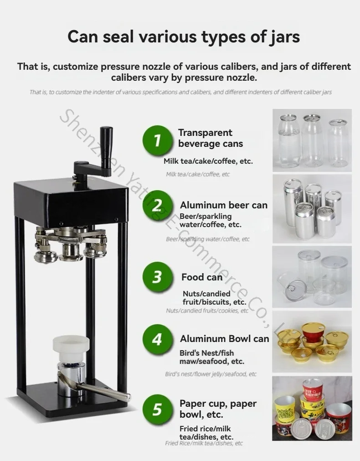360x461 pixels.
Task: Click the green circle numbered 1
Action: tap(158, 140)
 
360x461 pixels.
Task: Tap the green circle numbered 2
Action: tap(158, 205)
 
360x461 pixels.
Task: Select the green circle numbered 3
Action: tap(158, 277)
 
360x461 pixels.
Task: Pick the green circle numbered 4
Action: tap(158, 339)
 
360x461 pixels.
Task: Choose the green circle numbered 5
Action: tap(158, 409)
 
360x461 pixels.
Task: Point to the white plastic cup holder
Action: tap(71, 349)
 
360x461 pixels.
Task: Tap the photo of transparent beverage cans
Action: tap(312, 140)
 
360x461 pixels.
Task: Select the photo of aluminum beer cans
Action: tap(312, 209)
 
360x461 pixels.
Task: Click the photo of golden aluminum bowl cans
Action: tap(312, 342)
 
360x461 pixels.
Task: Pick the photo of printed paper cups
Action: tap(312, 409)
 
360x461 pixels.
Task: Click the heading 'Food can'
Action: tap(202, 277)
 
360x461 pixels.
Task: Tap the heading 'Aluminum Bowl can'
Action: tap(225, 339)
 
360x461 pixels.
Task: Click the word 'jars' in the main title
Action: tap(284, 37)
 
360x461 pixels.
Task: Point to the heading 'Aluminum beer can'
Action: tap(224, 205)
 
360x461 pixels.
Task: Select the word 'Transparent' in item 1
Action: tap(205, 133)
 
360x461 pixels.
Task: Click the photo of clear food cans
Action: tap(312, 277)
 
